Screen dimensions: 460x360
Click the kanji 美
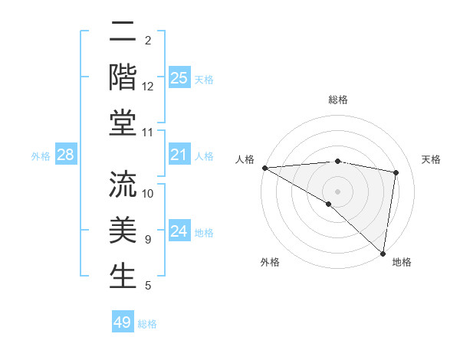[x=123, y=231]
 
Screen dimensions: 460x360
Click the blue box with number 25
[x=179, y=77]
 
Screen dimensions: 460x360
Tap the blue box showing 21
[x=179, y=155]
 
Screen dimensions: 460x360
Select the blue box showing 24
[x=179, y=231]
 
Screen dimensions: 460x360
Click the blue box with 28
[x=66, y=155]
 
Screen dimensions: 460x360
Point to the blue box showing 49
[x=123, y=322]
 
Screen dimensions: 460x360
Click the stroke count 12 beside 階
[x=148, y=87]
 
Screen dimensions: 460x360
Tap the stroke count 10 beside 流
[x=148, y=193]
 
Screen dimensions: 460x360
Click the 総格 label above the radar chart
[x=337, y=100]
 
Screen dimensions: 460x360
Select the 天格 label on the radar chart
[x=432, y=159]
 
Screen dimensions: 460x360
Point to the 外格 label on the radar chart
[x=270, y=262]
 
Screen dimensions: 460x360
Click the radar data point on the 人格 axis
[x=264, y=168]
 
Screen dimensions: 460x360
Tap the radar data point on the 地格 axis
[x=383, y=253]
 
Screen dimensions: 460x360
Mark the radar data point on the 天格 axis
[x=396, y=172]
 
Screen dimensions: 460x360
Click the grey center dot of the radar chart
[x=337, y=191]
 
